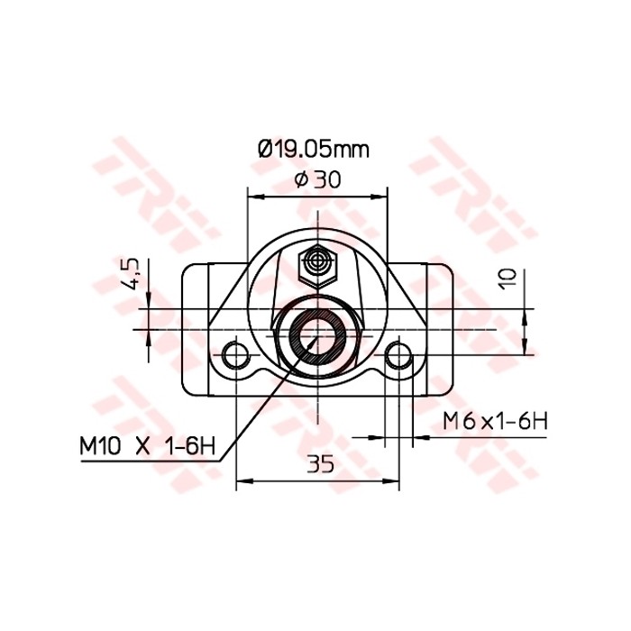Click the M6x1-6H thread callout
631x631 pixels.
495,420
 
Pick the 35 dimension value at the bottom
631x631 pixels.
319,464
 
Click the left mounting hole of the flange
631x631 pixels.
236,354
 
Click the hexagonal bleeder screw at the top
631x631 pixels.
316,262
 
